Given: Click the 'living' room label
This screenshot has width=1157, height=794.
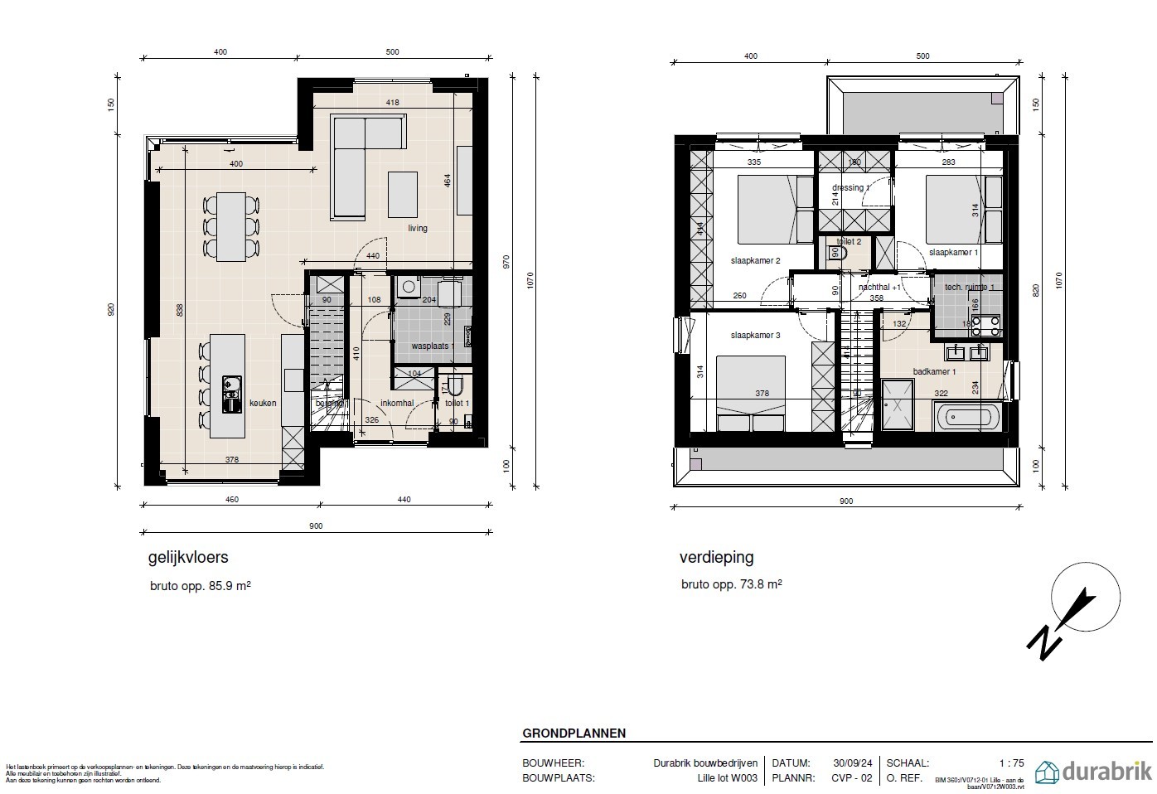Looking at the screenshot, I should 417,228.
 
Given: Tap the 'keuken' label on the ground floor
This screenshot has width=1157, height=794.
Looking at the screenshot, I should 263,403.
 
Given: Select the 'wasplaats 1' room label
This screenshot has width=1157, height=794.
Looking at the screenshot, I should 433,346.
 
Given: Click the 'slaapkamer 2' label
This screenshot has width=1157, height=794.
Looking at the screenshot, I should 755,261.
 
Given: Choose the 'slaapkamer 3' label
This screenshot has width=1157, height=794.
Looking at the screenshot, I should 755,336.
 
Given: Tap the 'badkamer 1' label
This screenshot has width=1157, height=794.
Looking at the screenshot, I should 934,372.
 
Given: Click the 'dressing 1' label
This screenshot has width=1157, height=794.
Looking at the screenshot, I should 851,188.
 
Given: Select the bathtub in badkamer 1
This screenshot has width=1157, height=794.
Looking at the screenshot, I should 967,416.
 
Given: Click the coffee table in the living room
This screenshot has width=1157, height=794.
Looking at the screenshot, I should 404,194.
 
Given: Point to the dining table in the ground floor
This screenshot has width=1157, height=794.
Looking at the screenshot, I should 230,226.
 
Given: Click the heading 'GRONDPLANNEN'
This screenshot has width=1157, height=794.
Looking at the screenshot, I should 574,733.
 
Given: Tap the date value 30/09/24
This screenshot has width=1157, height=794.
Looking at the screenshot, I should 851,763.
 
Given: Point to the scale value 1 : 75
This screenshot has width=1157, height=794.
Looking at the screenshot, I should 1011,763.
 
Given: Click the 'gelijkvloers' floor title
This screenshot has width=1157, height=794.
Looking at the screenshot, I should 187,558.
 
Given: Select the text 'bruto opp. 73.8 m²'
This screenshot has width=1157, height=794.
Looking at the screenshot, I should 731,584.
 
